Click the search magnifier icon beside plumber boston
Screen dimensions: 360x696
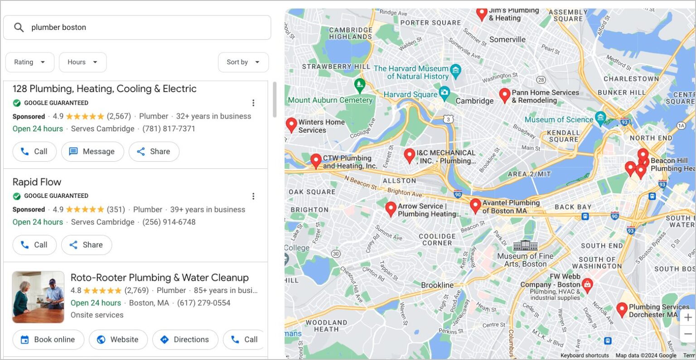19,28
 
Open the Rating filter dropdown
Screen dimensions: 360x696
30,62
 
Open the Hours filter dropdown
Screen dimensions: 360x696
82,62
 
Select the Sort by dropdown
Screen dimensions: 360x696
243,62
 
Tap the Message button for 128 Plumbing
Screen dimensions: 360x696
92,152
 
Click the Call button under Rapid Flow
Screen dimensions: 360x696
34,245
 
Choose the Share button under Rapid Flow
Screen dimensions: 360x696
86,245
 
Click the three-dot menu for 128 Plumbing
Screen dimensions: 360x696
253,103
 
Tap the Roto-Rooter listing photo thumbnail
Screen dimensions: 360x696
39,297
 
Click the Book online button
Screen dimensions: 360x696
48,340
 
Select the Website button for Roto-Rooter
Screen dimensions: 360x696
118,340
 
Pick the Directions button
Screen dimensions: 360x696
185,340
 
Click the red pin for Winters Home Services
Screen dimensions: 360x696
291,124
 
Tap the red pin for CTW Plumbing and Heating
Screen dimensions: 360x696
316,160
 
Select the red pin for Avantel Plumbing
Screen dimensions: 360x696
475,205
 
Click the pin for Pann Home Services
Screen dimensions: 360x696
504,95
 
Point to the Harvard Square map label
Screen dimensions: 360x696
410,95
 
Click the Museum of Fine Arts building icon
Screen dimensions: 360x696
525,246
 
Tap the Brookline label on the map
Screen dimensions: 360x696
437,285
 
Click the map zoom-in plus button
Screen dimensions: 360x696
688,317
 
